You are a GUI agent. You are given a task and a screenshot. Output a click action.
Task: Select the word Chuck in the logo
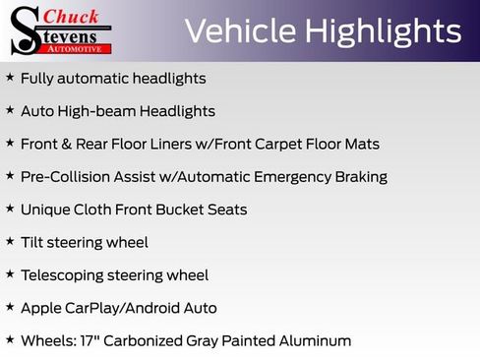tap(74, 16)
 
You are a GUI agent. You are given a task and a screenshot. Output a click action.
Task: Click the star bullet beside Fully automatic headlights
tap(10, 78)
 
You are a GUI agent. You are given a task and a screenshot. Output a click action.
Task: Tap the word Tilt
tap(34, 242)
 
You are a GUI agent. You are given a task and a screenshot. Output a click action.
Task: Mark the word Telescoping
tap(63, 275)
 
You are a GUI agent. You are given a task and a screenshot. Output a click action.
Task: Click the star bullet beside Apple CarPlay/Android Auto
tap(10, 308)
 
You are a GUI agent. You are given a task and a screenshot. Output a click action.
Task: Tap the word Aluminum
tap(314, 340)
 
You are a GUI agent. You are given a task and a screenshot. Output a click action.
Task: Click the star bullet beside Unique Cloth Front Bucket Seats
tap(10, 210)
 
